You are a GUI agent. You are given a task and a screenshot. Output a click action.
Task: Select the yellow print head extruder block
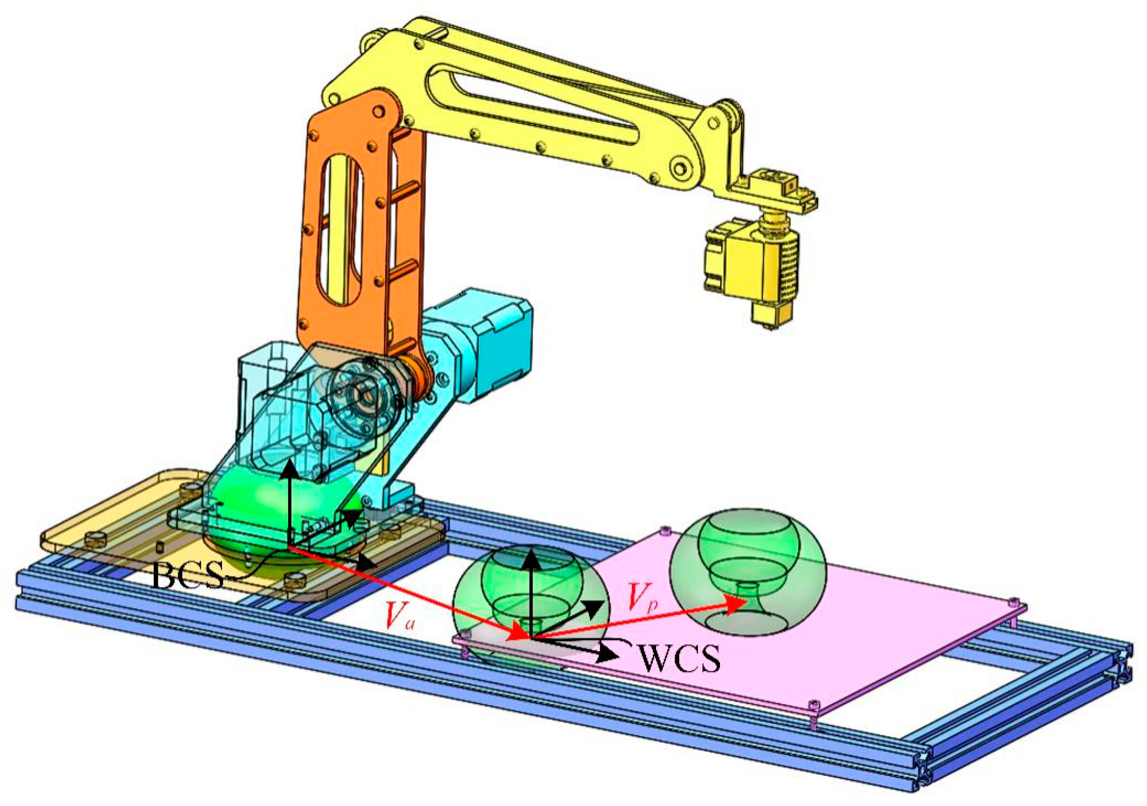coord(744,265)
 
